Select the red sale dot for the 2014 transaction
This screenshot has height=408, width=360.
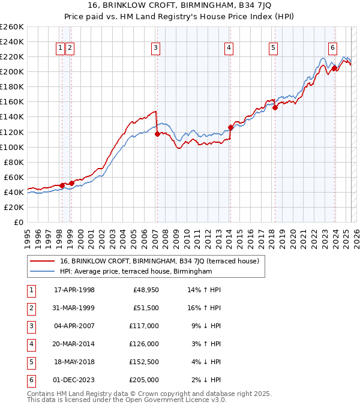(x=230, y=127)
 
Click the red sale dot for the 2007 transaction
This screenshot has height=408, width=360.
(x=157, y=134)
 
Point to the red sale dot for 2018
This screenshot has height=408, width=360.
(x=274, y=107)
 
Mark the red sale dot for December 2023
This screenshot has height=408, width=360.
(x=334, y=68)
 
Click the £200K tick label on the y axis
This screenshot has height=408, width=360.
(x=11, y=71)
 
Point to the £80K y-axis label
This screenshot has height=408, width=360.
(x=13, y=162)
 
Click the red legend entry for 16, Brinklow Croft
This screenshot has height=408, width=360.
(x=159, y=261)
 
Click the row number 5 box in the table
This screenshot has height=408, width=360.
(x=31, y=362)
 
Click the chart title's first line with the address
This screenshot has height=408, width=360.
(x=179, y=7)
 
